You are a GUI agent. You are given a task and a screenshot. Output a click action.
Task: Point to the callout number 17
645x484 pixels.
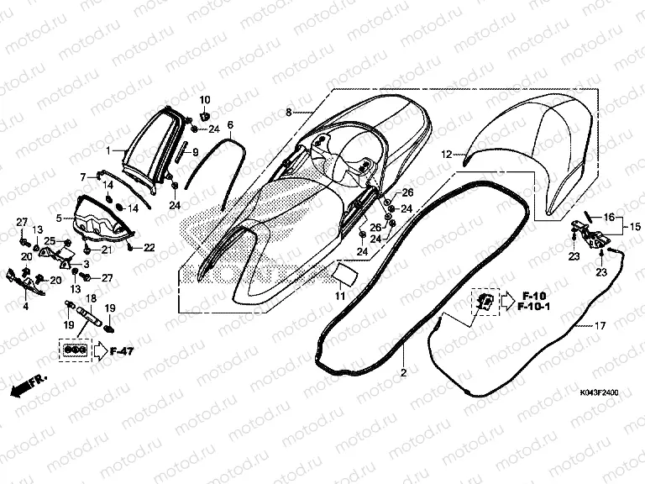pos(599,325)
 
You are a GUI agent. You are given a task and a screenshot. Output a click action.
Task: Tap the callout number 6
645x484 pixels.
pos(230,125)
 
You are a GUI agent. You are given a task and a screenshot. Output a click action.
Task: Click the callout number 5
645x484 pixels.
pos(60,218)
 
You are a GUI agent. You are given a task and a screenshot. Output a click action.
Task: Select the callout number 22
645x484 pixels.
pos(149,247)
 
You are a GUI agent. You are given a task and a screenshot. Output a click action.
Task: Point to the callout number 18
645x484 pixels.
pos(91,298)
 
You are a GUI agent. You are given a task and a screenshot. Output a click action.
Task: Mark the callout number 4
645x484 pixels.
pos(25,307)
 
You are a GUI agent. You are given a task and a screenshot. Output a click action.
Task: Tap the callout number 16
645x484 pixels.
pos(609,216)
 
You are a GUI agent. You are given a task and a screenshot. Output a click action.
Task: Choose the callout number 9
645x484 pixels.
pos(195,152)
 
